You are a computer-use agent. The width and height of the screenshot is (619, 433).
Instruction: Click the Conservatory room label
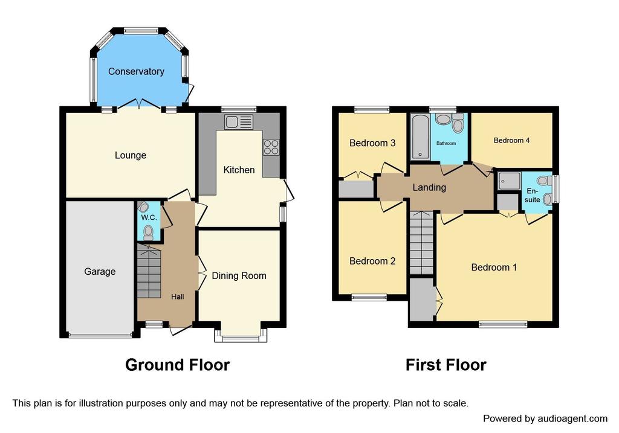click(136, 71)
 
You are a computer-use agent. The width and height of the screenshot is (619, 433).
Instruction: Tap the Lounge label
click(131, 155)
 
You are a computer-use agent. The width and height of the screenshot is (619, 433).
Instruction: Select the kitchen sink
click(239, 122)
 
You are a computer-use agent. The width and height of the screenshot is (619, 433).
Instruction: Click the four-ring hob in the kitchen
click(271, 147)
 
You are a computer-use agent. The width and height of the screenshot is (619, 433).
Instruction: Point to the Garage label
click(100, 271)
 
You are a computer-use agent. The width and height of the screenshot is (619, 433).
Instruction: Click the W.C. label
click(149, 217)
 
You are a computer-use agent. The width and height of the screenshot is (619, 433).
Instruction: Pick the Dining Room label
click(239, 275)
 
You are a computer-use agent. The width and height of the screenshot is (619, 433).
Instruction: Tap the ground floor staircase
click(149, 271)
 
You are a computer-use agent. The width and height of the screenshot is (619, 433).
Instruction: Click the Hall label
click(177, 297)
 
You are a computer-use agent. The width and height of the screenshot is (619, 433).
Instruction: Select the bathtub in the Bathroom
click(421, 136)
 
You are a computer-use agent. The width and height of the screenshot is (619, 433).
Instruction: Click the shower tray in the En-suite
click(508, 181)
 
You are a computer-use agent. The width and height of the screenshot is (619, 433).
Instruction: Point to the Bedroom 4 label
click(511, 140)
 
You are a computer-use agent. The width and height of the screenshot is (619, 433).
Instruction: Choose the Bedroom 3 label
click(372, 143)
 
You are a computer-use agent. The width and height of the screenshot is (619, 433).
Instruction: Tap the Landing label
click(429, 187)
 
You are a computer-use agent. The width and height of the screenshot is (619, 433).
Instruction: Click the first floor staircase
click(421, 243)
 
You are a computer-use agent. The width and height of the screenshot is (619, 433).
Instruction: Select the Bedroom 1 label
click(494, 268)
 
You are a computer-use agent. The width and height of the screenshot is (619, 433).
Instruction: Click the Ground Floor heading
click(177, 365)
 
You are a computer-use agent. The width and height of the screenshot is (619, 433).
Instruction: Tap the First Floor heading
click(446, 365)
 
